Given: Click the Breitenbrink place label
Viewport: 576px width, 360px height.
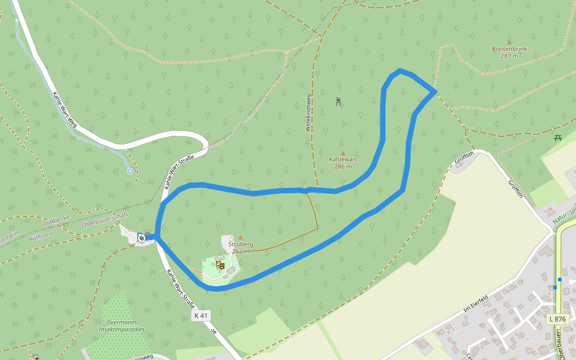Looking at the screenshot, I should [509, 49].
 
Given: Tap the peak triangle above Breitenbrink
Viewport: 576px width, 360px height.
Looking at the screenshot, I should [509, 42].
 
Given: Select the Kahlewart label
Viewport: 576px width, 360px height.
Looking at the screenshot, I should [343, 160].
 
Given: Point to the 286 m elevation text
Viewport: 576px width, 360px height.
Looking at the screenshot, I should [343, 167].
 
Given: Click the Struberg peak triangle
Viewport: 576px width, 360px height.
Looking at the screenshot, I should [241, 238].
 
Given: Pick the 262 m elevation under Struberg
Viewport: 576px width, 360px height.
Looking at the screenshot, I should [240, 251].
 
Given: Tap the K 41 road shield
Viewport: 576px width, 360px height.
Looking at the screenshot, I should [201, 316].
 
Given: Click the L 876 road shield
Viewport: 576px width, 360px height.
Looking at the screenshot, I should [558, 319].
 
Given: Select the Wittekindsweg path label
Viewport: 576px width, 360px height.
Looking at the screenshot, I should [308, 113].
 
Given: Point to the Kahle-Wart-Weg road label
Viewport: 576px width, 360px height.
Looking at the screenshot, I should [65, 110].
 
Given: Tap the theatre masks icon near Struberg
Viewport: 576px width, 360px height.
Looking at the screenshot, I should [220, 264].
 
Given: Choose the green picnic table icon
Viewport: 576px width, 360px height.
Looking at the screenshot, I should [559, 138].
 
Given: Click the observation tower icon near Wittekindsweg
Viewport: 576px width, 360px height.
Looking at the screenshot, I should [339, 101].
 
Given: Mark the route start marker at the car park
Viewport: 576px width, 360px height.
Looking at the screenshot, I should [142, 238].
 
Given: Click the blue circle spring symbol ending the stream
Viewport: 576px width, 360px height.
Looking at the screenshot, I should [130, 171].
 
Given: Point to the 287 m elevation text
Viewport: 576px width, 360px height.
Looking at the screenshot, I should [509, 56].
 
